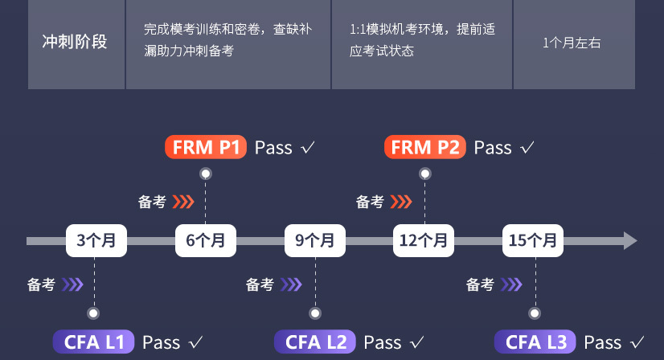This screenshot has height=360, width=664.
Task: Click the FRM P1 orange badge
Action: coord(205,148)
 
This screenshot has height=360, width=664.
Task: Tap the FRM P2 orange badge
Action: coord(424,148)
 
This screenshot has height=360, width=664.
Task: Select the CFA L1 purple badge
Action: coord(93,342)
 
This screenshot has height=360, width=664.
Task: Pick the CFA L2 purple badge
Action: coord(314,342)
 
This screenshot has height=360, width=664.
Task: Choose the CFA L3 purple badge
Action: coord(535,342)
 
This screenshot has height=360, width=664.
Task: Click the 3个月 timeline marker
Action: coord(96,240)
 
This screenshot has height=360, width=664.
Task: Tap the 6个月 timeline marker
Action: coord(205,240)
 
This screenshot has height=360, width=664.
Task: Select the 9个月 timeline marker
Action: coord(314,240)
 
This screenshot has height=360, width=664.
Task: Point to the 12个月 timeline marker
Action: coord(423,240)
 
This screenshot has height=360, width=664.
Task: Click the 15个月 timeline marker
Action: coord(533,240)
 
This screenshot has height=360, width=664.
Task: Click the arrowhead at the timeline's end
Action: coord(630,240)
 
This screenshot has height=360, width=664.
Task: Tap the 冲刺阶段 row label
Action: coord(75,42)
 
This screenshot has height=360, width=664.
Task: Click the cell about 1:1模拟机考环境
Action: coord(422,40)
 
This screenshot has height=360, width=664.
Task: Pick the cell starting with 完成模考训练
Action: coord(227,40)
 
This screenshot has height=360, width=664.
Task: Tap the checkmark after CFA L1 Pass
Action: coord(195,343)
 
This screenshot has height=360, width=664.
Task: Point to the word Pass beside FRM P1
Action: coord(273,148)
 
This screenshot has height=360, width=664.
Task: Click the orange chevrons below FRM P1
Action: coord(184,202)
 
